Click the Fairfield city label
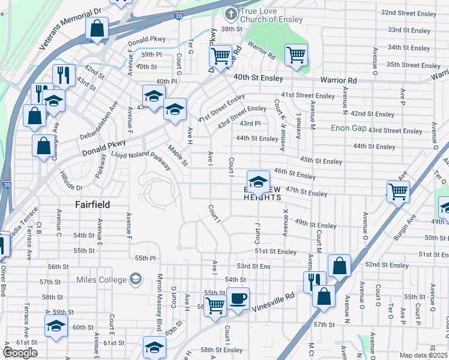pos(92,205)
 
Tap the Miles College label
pos(101,280)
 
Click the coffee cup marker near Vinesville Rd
pos(238,298)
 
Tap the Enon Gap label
pos(348,128)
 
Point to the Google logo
pos(20,352)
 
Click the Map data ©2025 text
pos(423,356)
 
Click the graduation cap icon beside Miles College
pos(136,279)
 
